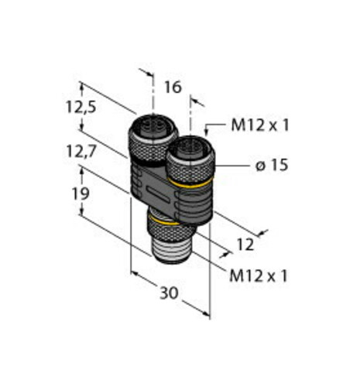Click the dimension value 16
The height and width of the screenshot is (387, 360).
173,87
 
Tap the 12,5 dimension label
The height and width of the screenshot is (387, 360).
81,107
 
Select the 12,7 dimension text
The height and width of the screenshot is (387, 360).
81,151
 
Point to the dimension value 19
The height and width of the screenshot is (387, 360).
81,193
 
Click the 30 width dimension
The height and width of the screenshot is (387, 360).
169,293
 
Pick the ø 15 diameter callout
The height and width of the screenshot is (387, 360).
272,165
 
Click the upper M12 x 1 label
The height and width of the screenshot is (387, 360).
259,125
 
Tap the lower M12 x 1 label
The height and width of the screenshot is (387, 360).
258,276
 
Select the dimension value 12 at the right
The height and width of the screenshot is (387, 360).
245,245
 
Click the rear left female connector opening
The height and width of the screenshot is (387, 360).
153,125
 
